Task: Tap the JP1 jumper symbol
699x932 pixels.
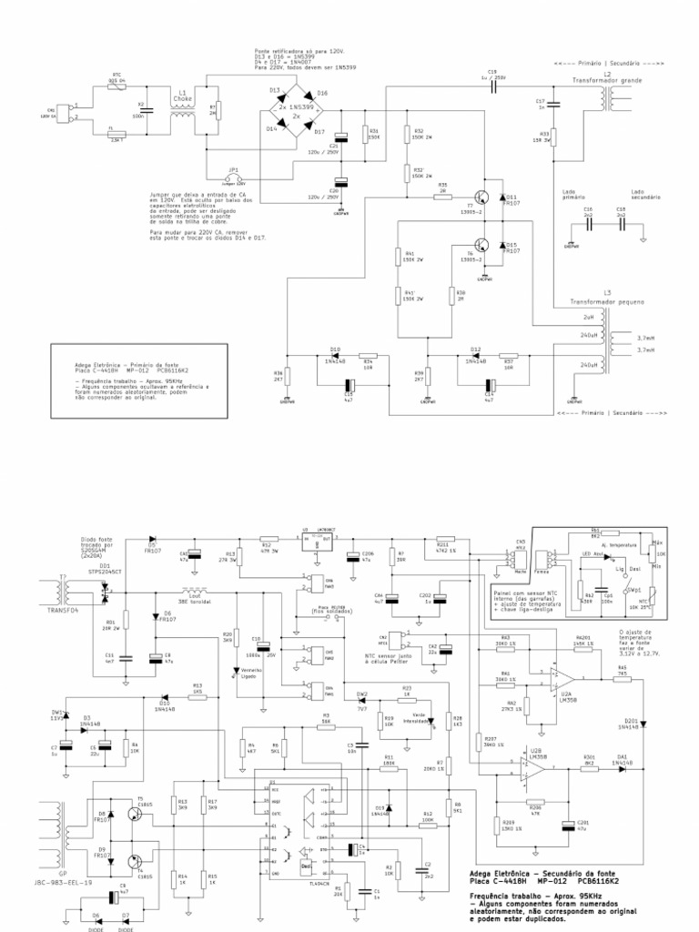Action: [x=234, y=176]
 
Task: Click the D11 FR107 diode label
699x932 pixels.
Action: [x=511, y=199]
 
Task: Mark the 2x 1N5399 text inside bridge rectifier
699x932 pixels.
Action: [x=298, y=106]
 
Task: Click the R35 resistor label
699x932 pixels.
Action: [x=443, y=187]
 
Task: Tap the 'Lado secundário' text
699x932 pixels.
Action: [x=643, y=195]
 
